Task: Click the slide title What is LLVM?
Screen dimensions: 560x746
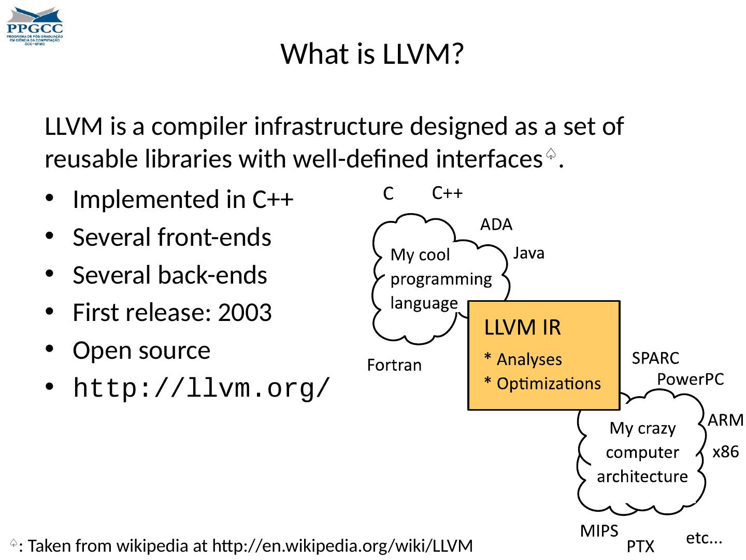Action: (x=371, y=54)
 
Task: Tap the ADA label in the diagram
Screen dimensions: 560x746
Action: (x=496, y=225)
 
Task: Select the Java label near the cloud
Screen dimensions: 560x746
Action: (x=528, y=253)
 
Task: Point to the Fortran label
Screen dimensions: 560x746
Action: (x=394, y=366)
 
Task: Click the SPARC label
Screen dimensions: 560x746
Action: (x=656, y=358)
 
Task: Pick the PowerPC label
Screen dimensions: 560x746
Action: (x=690, y=380)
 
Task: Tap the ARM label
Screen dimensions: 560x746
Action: (x=726, y=420)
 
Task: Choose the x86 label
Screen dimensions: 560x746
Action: (x=725, y=452)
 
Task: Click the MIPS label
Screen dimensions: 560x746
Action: (x=599, y=531)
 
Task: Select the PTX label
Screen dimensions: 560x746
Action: (x=640, y=547)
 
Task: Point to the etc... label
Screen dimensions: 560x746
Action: (x=704, y=539)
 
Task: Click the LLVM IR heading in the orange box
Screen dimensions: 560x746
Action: (x=522, y=328)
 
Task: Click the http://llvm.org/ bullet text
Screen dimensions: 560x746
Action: (x=202, y=388)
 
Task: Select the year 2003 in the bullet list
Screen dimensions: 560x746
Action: (x=245, y=313)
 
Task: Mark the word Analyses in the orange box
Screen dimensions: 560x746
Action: (x=529, y=359)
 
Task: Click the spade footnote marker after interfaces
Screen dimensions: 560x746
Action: (x=551, y=154)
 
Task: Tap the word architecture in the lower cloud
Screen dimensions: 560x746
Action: (x=642, y=477)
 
